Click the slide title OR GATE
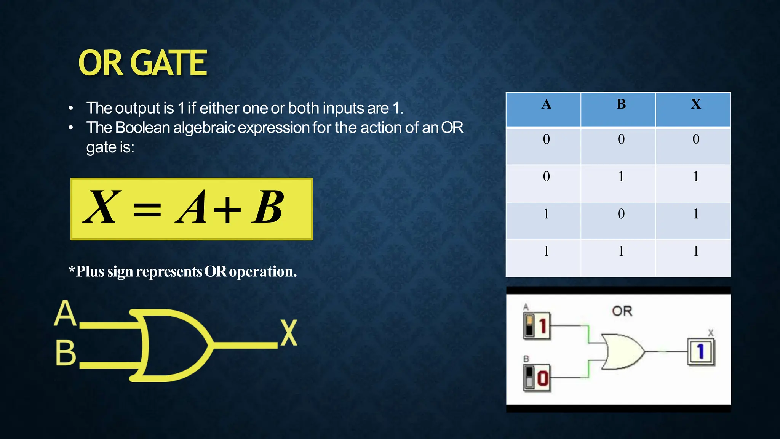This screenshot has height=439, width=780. pos(142,63)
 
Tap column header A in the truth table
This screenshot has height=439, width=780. pos(546,104)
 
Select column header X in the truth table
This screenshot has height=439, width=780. pos(696,104)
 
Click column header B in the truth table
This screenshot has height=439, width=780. pos(621,104)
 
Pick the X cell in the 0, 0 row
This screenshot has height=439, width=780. pos(696,139)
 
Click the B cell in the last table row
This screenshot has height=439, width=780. pos(621,252)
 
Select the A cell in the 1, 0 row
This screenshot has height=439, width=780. pos(546,214)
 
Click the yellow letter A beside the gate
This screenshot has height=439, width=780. pos(65,313)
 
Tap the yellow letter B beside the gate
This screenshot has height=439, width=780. pos(66,353)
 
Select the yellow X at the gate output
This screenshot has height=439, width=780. pos(289,333)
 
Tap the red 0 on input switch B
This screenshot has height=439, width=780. pos(543,378)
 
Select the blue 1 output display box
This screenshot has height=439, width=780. pos(701,352)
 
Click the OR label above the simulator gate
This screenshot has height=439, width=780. pos(622,311)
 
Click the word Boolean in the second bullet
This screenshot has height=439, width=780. pos(142,128)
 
